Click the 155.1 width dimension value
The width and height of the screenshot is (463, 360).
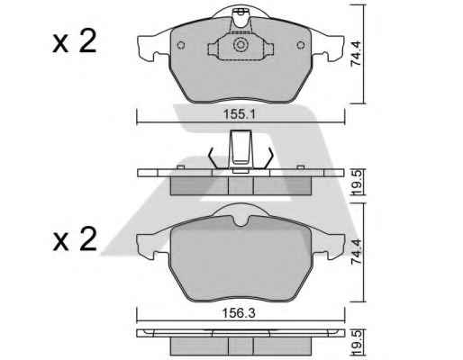point(239,114)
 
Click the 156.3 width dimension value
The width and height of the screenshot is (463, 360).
point(239,313)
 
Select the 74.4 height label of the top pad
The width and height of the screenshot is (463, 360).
point(357,54)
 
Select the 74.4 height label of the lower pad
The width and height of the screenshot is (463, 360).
point(357,252)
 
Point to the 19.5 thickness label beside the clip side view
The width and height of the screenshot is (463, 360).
point(357,183)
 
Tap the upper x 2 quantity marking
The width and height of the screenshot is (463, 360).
point(75,42)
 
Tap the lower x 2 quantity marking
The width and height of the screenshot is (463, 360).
point(75,239)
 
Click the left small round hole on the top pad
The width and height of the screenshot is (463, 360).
point(181,45)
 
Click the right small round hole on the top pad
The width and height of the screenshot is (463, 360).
point(301,45)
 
